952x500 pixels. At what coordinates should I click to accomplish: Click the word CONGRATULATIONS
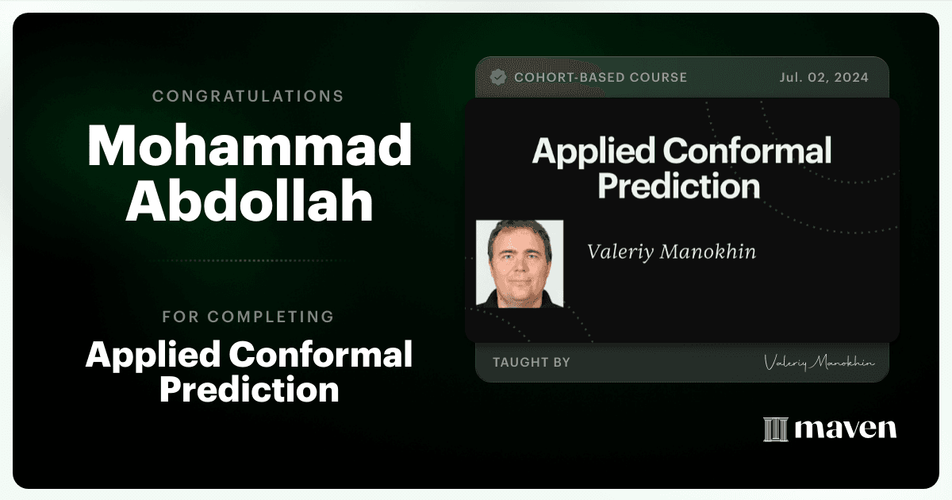tap(248, 96)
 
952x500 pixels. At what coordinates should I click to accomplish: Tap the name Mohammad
tap(249, 146)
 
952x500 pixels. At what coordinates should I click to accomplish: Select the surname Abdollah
tap(249, 200)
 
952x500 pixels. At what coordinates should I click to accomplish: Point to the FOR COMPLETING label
tap(248, 317)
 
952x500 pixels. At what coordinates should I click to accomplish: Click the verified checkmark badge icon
tap(498, 78)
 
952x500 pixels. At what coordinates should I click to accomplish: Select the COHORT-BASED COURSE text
tap(601, 78)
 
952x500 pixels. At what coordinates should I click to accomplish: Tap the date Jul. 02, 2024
tap(823, 78)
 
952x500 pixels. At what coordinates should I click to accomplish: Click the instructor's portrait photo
tap(520, 263)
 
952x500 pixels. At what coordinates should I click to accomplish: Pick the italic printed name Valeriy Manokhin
tap(671, 252)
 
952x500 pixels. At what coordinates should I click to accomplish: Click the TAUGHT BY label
tap(532, 362)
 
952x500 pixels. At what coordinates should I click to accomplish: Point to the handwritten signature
tap(819, 363)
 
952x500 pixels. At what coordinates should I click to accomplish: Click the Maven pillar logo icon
tap(776, 429)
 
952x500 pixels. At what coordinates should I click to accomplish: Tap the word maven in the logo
tap(846, 429)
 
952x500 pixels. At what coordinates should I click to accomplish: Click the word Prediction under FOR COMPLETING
tap(249, 390)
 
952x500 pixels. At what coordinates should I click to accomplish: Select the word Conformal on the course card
tap(747, 151)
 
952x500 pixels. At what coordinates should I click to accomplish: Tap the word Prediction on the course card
tap(679, 186)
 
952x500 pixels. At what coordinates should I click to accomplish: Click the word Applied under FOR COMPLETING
tap(153, 356)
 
